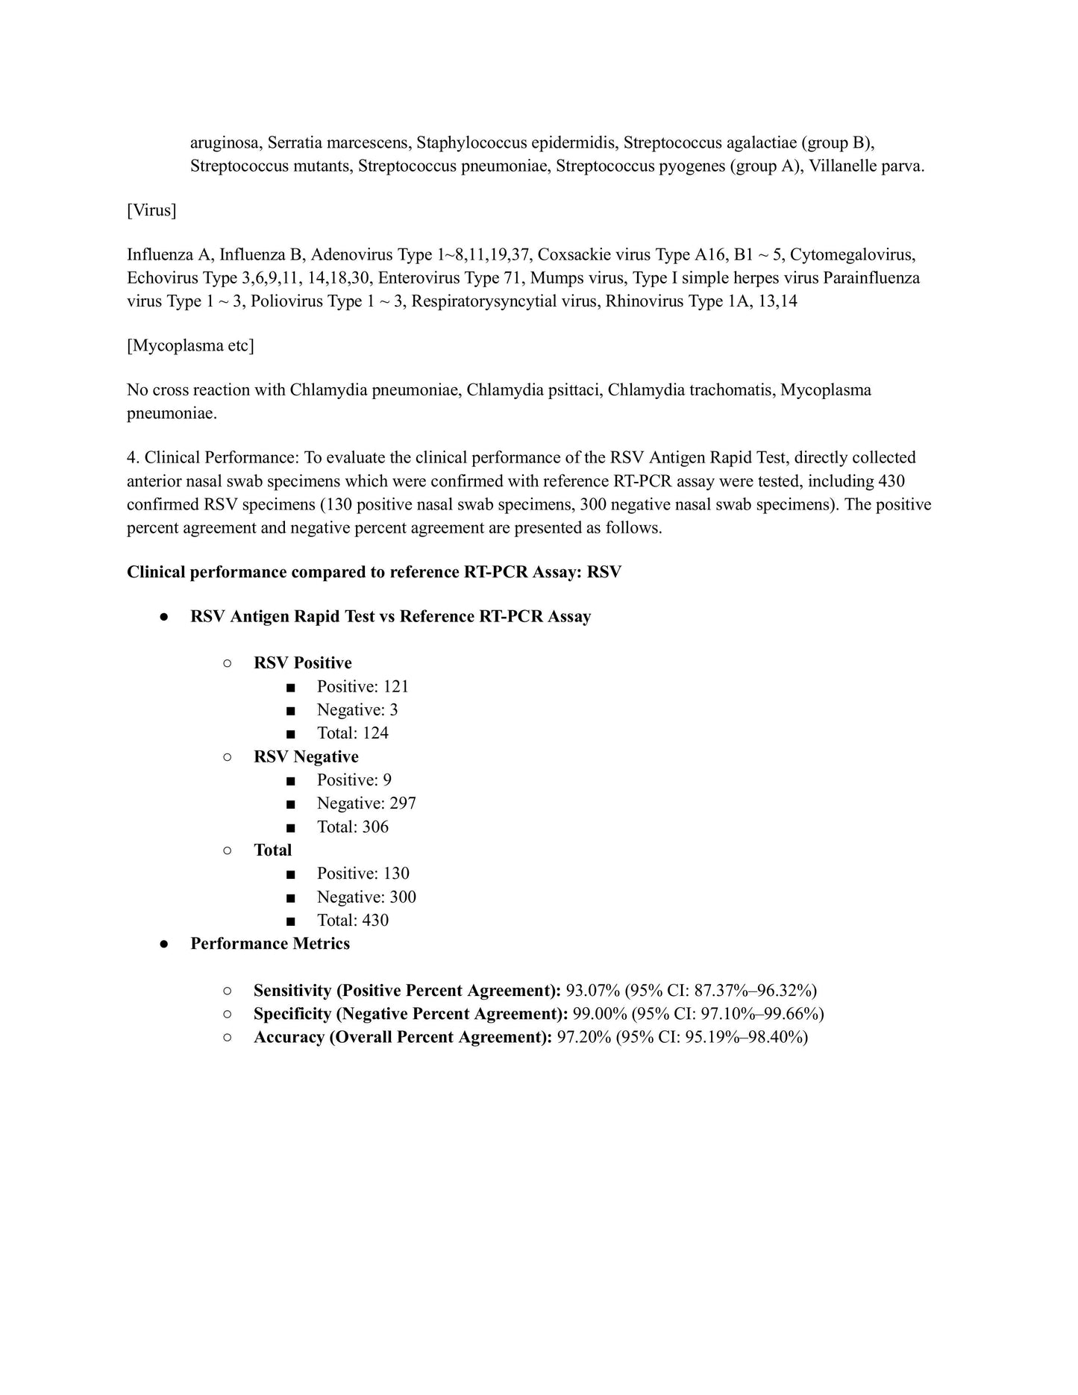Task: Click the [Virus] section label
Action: [x=151, y=210]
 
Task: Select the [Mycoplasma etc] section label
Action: [x=190, y=345]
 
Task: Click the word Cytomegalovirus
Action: [x=853, y=254]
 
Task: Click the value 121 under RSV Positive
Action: [x=396, y=686]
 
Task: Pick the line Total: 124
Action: [x=352, y=733]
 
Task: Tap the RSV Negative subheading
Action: [x=306, y=756]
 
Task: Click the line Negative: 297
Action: [x=366, y=803]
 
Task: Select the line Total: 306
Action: [x=352, y=827]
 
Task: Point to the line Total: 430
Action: [x=352, y=920]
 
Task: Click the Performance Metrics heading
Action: [x=270, y=944]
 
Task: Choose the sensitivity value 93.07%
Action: [x=593, y=991]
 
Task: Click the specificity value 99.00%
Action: [x=599, y=1014]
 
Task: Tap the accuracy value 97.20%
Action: [x=584, y=1037]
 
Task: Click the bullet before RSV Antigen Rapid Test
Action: [x=163, y=617]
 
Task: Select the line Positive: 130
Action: [x=363, y=873]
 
